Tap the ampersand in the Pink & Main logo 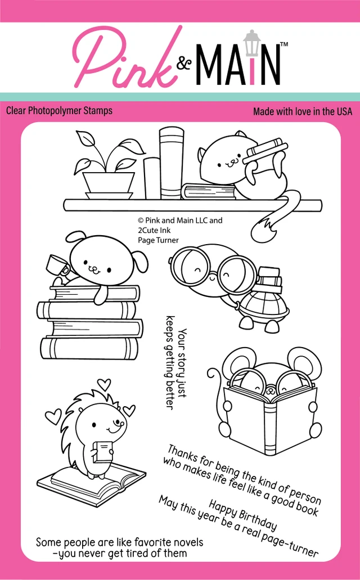(184, 63)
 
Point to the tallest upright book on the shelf (171, 164)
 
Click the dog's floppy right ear (141, 261)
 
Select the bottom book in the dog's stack (89, 348)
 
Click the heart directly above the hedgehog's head (105, 384)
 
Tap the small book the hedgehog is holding (103, 451)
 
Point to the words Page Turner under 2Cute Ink (158, 240)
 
